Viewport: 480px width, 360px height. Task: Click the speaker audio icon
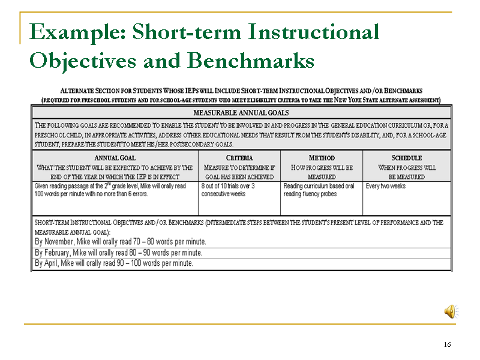click(x=451, y=311)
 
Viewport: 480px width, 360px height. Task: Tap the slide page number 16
click(x=447, y=344)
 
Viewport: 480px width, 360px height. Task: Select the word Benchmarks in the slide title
click(x=251, y=61)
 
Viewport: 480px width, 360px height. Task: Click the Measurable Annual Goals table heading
click(x=241, y=113)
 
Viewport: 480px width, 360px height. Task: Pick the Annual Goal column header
click(x=115, y=158)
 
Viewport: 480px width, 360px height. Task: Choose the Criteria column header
click(x=239, y=158)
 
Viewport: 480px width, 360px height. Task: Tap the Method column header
click(x=322, y=158)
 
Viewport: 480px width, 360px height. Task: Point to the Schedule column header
click(x=407, y=158)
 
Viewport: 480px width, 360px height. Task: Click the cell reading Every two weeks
click(x=385, y=186)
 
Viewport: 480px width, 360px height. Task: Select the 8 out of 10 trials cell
click(x=228, y=190)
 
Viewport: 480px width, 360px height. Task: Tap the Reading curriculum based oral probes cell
click(x=319, y=190)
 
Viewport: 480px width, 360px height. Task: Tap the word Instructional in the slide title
click(x=314, y=32)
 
